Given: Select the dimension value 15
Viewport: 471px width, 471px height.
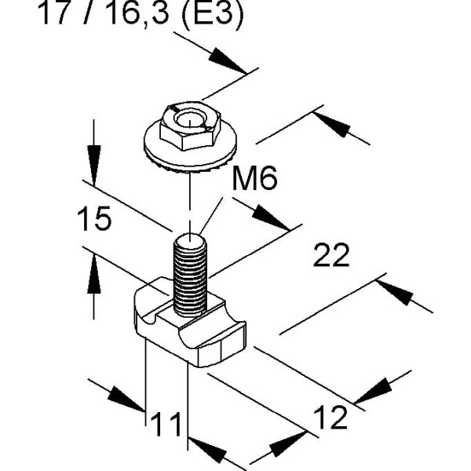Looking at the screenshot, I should [x=94, y=221].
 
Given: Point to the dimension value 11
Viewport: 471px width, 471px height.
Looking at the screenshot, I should [x=166, y=424].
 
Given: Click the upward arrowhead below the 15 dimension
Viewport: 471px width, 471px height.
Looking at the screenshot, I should [x=94, y=275].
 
